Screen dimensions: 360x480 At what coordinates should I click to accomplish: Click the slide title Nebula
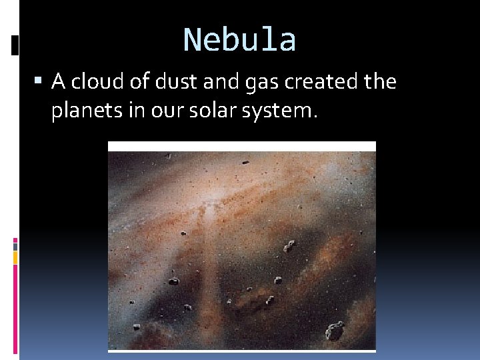tap(239, 39)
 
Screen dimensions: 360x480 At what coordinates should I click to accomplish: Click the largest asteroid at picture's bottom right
tap(335, 330)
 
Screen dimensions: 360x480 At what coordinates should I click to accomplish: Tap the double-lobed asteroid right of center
tap(289, 246)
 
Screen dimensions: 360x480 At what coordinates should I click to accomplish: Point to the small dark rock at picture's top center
tap(245, 162)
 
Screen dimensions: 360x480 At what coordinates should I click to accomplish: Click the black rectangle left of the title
tap(15, 45)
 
